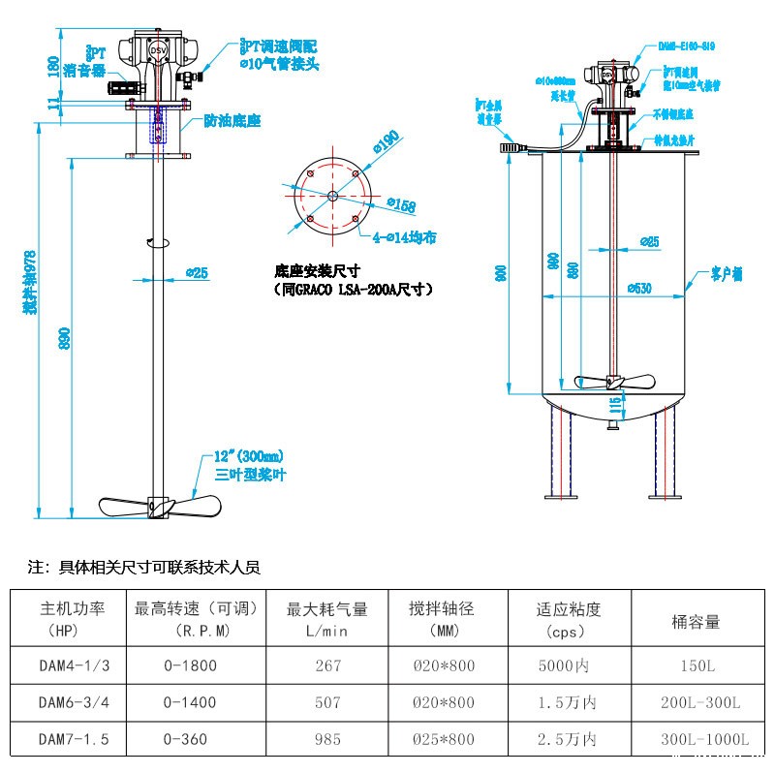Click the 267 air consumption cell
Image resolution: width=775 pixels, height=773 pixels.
coord(327,665)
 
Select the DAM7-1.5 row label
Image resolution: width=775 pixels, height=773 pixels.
coord(74,739)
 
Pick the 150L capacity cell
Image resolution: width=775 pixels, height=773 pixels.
coord(696,665)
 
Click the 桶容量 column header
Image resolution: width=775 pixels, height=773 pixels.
coord(696,622)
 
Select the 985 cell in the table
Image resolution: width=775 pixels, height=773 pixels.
coord(327,739)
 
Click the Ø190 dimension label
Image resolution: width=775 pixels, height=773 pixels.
coord(385,144)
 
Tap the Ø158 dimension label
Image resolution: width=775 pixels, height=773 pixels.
coord(401,205)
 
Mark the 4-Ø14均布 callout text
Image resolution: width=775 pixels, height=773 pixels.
coord(404,235)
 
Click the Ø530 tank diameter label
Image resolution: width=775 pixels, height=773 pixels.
coord(640,288)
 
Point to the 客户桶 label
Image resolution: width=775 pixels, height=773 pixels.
coord(727,275)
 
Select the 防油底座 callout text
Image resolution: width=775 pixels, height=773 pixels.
coord(232,121)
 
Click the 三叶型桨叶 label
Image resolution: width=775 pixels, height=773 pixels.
coord(250,475)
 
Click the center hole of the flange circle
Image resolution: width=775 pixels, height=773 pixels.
coord(332,197)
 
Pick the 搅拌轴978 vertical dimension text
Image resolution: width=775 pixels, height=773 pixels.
coord(31,282)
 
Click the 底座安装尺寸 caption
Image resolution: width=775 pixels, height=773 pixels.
coord(318,271)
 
